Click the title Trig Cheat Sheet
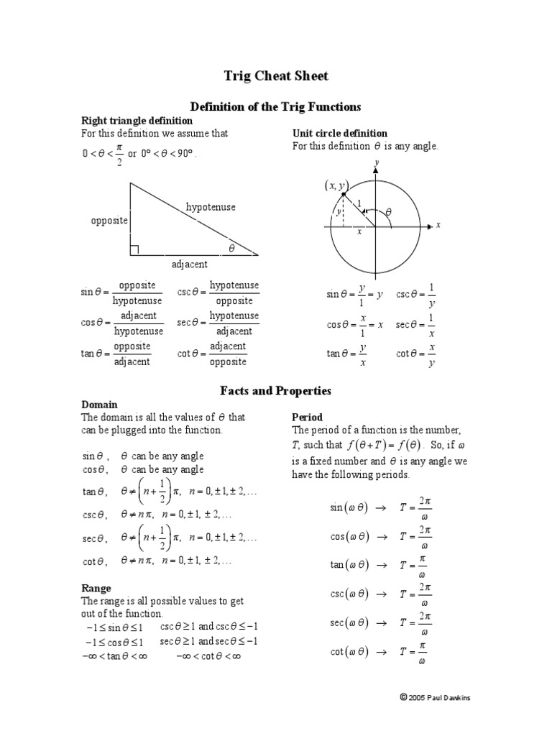click(276, 76)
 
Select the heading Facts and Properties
click(275, 391)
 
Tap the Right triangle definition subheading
click(137, 121)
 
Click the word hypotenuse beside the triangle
click(211, 207)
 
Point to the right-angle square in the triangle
click(134, 250)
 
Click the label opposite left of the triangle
click(109, 220)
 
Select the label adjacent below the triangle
click(190, 264)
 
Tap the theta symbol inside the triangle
click(231, 248)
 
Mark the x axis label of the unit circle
click(438, 225)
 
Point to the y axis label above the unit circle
click(376, 163)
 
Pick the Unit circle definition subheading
click(339, 133)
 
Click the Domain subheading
click(99, 405)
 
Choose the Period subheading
click(307, 417)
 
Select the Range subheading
click(96, 588)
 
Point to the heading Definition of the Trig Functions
click(275, 106)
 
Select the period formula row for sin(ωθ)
click(380, 507)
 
